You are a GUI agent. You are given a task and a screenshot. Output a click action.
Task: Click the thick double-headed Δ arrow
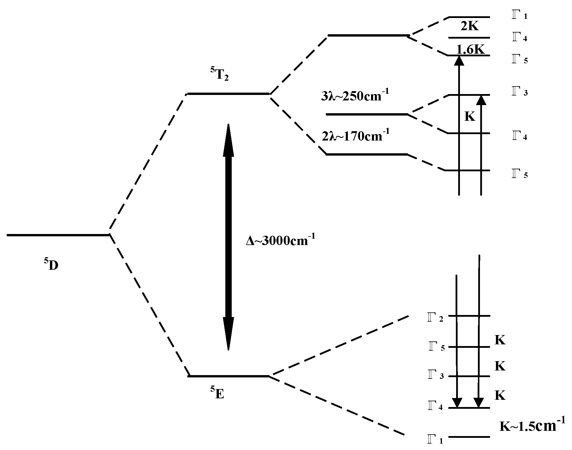pyautogui.click(x=228, y=237)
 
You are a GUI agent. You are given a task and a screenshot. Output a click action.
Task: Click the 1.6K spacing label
pyautogui.click(x=470, y=50)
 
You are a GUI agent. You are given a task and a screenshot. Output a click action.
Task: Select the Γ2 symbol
pyautogui.click(x=435, y=319)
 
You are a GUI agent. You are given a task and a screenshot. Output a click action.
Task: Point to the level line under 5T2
pyautogui.click(x=229, y=94)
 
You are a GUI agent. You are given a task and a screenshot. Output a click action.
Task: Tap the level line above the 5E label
pyautogui.click(x=229, y=376)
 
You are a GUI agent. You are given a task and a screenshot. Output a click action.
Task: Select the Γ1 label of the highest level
pyautogui.click(x=519, y=16)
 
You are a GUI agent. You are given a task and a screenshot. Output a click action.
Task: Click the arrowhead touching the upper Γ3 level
pyautogui.click(x=481, y=100)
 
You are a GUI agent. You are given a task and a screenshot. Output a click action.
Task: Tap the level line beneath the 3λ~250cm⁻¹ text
pyautogui.click(x=367, y=114)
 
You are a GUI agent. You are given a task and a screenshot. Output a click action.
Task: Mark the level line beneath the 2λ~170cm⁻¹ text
pyautogui.click(x=367, y=154)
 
